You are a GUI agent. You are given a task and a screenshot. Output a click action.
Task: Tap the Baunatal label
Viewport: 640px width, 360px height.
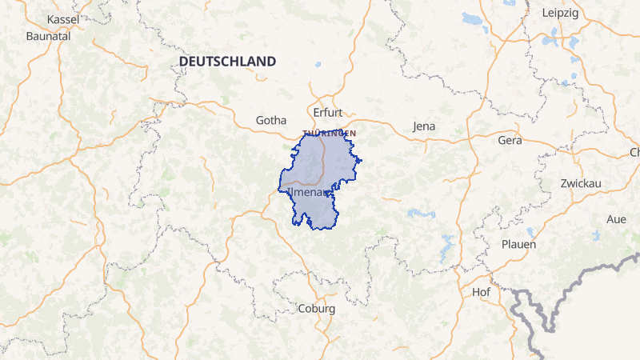tap(48, 36)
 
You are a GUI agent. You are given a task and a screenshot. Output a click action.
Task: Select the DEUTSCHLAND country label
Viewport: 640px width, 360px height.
tap(227, 61)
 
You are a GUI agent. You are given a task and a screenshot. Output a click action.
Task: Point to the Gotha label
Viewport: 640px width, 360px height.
tap(270, 120)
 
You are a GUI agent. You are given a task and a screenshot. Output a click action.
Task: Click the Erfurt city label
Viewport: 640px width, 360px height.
tap(327, 113)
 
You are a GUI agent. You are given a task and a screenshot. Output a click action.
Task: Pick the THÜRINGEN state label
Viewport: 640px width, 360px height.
tap(329, 133)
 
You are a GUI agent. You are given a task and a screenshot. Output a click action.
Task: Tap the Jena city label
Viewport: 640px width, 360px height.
tap(424, 126)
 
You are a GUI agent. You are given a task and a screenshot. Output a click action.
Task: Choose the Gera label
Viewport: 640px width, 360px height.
tap(509, 140)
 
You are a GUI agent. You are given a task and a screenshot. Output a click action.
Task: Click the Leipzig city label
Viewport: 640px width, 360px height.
tap(560, 14)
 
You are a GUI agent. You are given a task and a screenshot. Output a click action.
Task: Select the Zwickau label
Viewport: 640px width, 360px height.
tap(581, 183)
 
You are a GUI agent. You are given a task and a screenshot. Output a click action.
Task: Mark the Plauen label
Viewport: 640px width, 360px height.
tap(518, 244)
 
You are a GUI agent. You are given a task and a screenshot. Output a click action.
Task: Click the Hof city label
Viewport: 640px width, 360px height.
tap(481, 292)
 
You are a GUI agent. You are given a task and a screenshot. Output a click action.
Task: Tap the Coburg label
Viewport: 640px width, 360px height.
tap(316, 308)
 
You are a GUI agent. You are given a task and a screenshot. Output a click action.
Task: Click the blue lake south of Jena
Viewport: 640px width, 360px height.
tap(421, 214)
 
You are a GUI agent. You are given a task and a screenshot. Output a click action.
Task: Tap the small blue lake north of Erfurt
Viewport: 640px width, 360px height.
tap(318, 64)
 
